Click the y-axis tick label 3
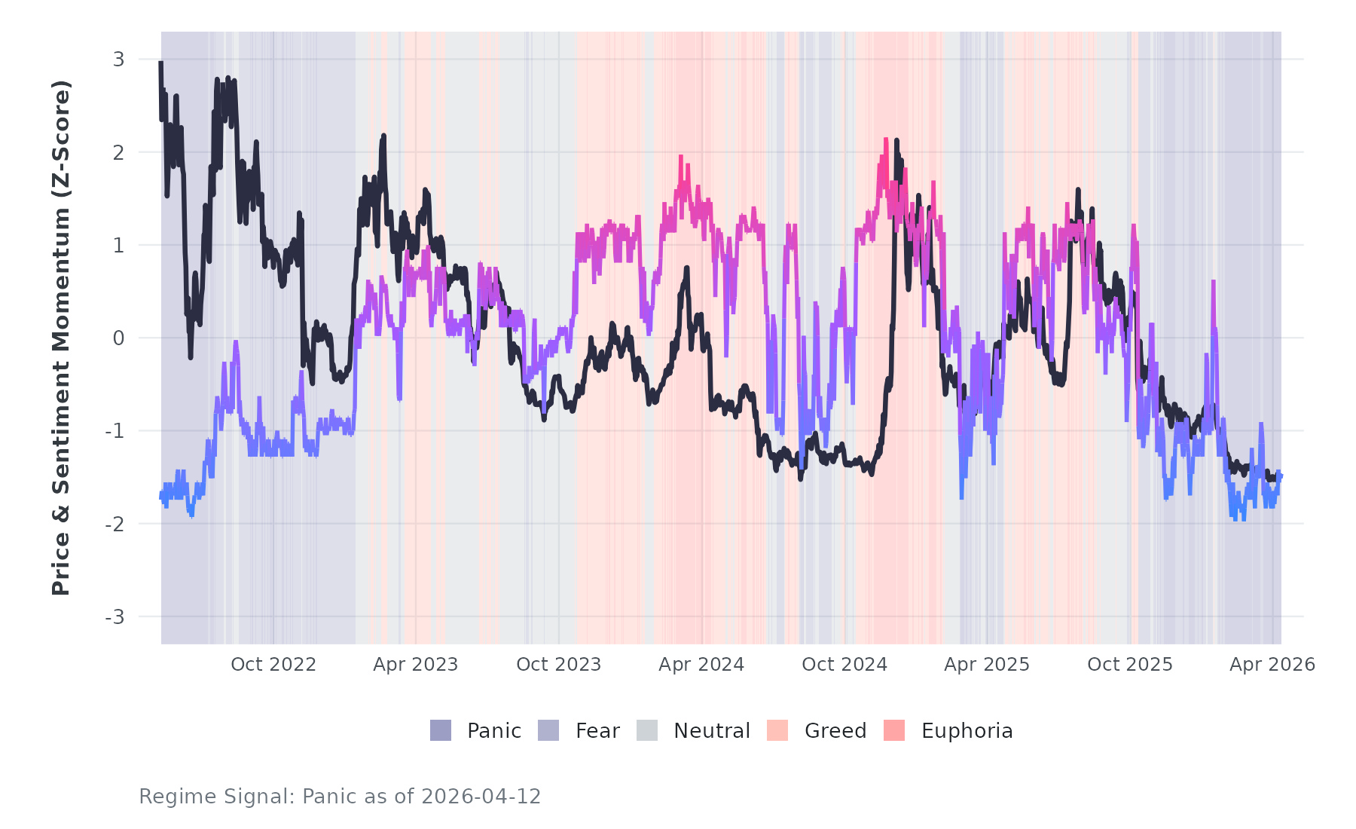[118, 60]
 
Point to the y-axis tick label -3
[115, 617]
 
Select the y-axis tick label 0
[118, 338]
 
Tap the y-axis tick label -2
[115, 525]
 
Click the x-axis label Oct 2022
[273, 665]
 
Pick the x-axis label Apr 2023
[416, 665]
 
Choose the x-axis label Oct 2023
[559, 665]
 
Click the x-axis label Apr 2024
[701, 665]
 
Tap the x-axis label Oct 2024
[844, 665]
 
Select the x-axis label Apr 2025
[987, 665]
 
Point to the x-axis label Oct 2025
[1130, 665]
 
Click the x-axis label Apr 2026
[1272, 665]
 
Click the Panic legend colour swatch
[441, 730]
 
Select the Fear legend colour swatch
[548, 730]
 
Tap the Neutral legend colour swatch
[647, 730]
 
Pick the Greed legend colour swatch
[777, 730]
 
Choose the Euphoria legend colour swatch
[894, 730]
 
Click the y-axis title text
[61, 338]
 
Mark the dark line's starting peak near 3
[161, 63]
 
